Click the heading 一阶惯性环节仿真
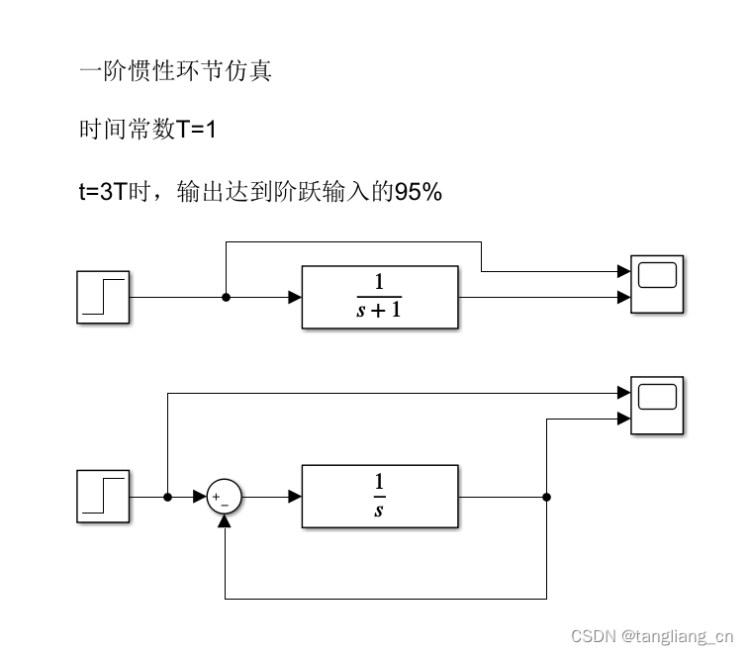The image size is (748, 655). tap(175, 71)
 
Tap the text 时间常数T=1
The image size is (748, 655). tap(147, 131)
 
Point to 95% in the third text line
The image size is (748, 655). tap(419, 192)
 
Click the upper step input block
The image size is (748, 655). tap(103, 297)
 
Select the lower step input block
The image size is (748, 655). tap(103, 497)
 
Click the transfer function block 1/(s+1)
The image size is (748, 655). tap(380, 297)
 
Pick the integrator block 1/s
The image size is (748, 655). tap(380, 497)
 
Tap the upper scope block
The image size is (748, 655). tap(658, 284)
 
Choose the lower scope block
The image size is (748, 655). tap(658, 406)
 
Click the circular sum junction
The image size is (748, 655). tap(225, 498)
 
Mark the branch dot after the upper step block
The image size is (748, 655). tap(226, 297)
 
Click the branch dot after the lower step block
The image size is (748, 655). tap(168, 498)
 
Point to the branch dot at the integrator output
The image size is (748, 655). tap(547, 498)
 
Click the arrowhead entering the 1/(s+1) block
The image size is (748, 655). tap(295, 297)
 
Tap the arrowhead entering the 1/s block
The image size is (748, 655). tap(295, 498)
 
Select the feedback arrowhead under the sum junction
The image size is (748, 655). tap(225, 521)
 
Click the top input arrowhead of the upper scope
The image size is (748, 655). tap(624, 270)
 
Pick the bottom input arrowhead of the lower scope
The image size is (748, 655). tap(624, 419)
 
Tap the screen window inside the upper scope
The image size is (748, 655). tap(658, 274)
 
